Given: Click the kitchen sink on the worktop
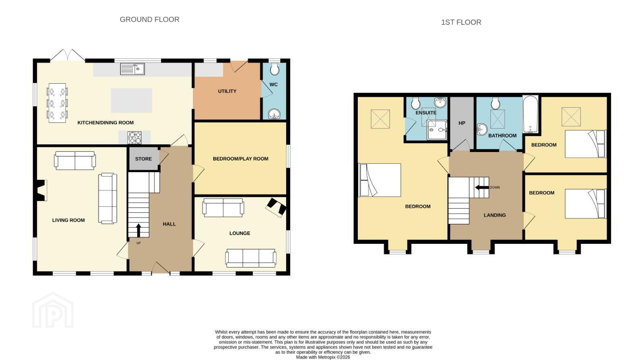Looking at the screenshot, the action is [132, 69].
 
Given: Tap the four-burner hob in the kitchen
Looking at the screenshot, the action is [134, 137].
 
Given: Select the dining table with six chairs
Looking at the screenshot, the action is [57, 103].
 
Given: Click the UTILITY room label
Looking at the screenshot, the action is [227, 91].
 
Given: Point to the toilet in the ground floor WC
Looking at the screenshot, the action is [275, 69].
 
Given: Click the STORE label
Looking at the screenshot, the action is [143, 159].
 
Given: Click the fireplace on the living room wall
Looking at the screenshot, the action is [41, 190].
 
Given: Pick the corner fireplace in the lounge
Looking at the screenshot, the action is [276, 208].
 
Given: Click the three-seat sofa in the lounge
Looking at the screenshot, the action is [251, 258].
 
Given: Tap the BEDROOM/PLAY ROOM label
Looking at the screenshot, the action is [241, 158].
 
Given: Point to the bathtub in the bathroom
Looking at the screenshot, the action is [530, 114].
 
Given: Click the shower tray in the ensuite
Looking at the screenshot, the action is [437, 130].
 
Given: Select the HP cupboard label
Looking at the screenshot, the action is [462, 123].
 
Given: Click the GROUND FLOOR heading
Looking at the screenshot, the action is [149, 19].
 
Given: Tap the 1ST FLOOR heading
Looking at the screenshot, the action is [461, 22].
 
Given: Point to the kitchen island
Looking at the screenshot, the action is [131, 101].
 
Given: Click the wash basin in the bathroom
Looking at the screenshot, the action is [482, 129].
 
